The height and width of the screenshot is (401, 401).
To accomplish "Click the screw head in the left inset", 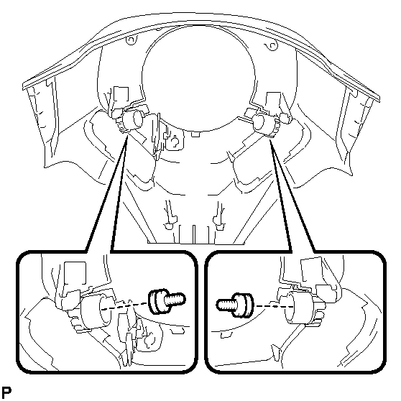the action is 158,301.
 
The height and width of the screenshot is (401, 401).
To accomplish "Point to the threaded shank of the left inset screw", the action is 175,299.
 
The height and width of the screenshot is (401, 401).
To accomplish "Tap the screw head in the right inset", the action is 242,305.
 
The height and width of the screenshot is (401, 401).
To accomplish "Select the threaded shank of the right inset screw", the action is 226,305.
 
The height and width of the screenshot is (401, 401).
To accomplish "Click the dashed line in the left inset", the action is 125,306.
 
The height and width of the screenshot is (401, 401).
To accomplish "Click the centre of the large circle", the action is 198,78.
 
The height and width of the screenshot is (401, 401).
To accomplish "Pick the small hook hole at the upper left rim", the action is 131,40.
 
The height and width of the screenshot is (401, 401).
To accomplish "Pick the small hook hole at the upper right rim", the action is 272,46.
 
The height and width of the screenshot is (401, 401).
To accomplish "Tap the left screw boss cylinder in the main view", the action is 133,119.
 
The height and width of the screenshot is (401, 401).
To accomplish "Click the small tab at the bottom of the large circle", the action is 195,134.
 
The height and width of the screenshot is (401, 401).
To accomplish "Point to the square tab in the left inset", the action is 75,272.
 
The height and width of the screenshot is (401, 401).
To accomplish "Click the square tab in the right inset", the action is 312,270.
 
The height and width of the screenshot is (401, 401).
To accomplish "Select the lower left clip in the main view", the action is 170,221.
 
